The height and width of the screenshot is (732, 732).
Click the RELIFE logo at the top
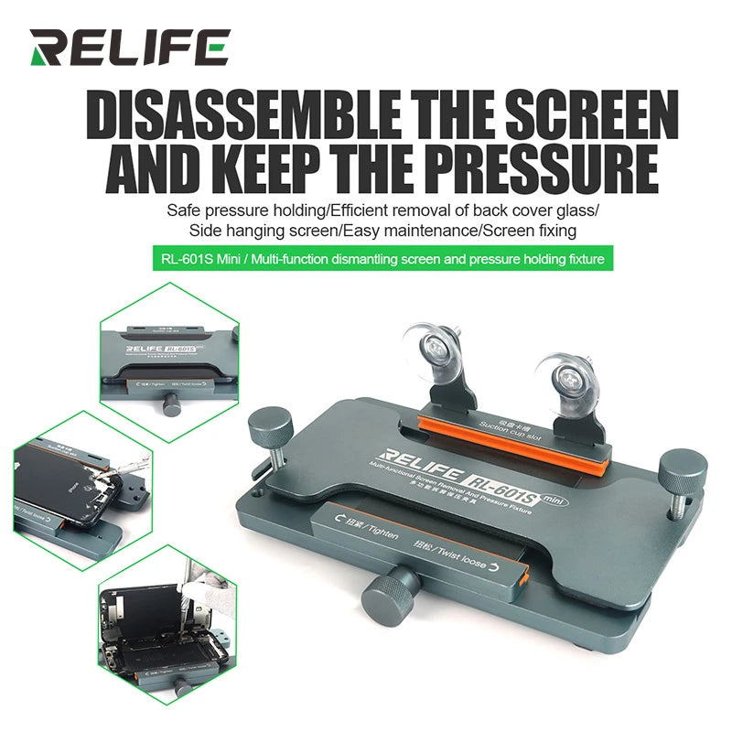(x=128, y=47)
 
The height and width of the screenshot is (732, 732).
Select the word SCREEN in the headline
(x=584, y=119)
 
